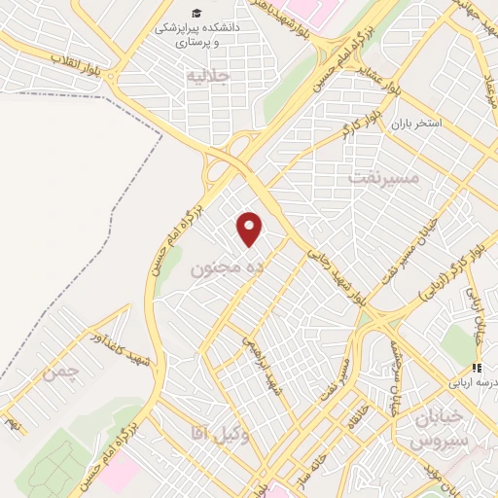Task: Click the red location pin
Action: pyautogui.click(x=250, y=229)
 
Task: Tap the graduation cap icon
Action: pyautogui.click(x=196, y=13)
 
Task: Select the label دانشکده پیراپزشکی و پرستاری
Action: pyautogui.click(x=196, y=35)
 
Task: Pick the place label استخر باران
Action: pyautogui.click(x=416, y=124)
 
